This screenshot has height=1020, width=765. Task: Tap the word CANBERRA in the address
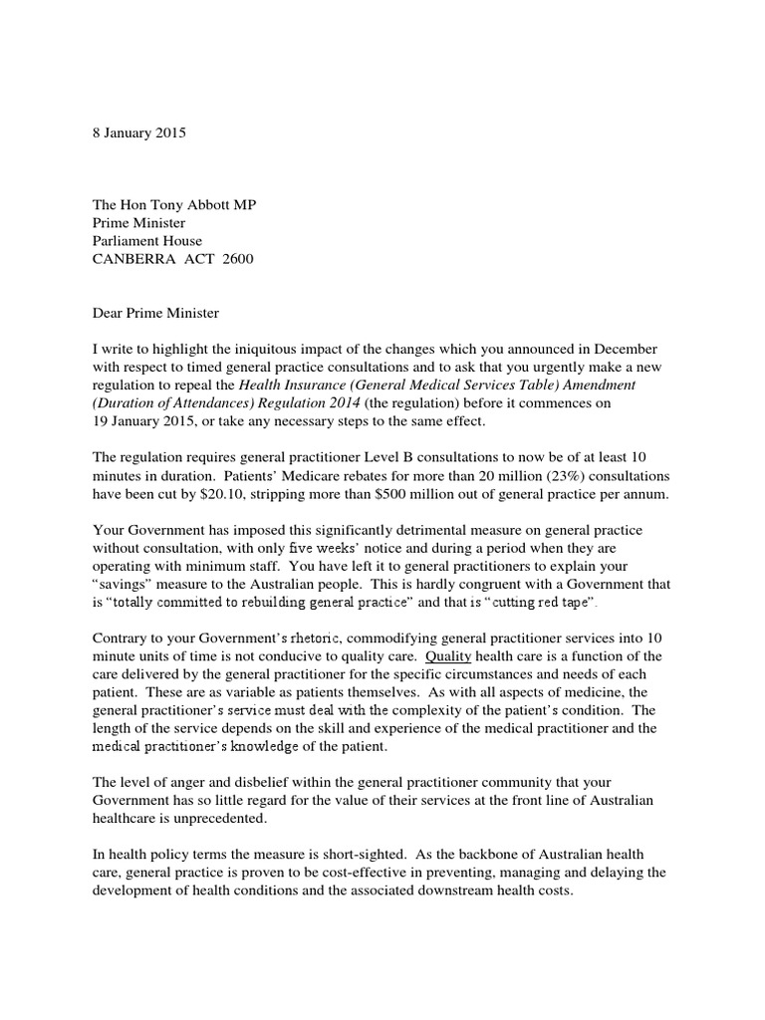[133, 259]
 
